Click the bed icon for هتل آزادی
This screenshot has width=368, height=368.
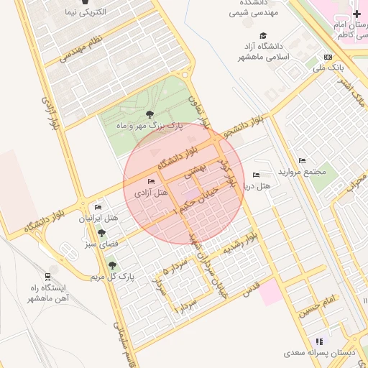click(150, 181)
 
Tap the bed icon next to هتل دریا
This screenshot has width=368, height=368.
click(257, 175)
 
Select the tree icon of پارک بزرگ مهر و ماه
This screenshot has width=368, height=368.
click(149, 114)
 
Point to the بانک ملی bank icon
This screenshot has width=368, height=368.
click(328, 57)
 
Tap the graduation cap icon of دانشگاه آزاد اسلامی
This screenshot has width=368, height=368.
click(263, 35)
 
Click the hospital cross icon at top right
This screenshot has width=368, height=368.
click(357, 14)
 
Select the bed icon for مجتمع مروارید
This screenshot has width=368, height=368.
click(302, 160)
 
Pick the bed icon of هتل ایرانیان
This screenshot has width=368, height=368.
click(98, 207)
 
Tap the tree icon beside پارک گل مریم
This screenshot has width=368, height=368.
click(111, 265)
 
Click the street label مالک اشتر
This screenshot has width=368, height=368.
click(351, 93)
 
